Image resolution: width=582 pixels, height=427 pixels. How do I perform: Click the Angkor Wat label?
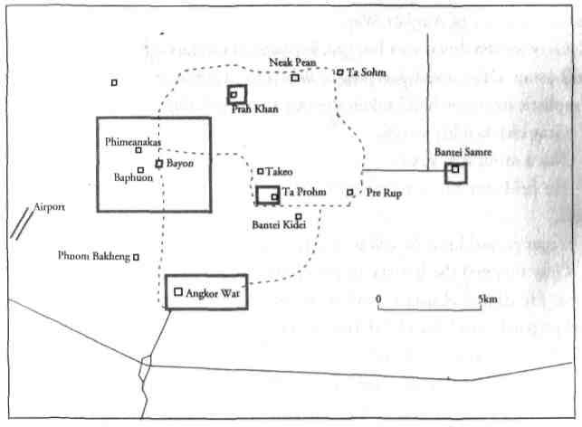215,294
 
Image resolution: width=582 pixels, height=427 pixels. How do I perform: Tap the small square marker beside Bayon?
158,164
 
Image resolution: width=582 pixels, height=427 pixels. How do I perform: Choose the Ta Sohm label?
359,71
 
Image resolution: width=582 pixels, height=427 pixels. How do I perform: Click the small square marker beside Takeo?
260,171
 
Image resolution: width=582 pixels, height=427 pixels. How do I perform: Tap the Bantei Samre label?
463,153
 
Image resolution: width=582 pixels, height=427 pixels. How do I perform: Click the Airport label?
51,207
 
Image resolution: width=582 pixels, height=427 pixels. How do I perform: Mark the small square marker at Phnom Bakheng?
136,257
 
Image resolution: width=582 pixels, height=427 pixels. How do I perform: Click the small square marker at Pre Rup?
350,192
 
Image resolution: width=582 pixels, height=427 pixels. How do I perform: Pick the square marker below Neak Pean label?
295,78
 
